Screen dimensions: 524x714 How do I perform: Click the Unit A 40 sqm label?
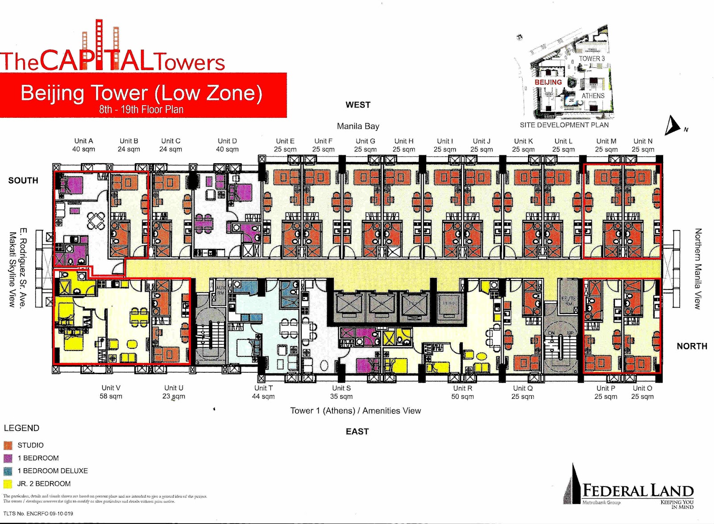pyautogui.click(x=83, y=145)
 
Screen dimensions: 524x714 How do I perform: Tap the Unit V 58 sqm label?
pyautogui.click(x=111, y=392)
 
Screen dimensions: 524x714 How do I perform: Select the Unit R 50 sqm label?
pyautogui.click(x=462, y=392)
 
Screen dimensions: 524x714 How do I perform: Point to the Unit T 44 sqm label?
pyautogui.click(x=263, y=392)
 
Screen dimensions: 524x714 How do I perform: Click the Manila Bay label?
pyautogui.click(x=358, y=126)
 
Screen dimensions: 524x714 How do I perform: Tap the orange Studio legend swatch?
pyautogui.click(x=8, y=445)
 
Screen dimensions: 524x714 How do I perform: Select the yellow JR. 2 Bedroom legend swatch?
pyautogui.click(x=8, y=484)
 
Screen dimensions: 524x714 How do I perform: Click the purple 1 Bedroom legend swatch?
pyautogui.click(x=8, y=458)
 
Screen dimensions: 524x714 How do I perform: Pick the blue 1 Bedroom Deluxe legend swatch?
pyautogui.click(x=8, y=471)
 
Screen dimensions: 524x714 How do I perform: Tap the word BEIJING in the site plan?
pyautogui.click(x=548, y=82)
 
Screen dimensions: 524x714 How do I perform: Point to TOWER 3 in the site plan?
pyautogui.click(x=592, y=58)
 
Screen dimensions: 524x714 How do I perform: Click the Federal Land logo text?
pyautogui.click(x=638, y=491)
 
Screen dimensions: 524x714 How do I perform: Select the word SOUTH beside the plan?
pyautogui.click(x=23, y=181)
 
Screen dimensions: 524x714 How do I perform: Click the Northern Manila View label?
pyautogui.click(x=697, y=268)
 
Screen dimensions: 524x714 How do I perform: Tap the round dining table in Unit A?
pyautogui.click(x=96, y=220)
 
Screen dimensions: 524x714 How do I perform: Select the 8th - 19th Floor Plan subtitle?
pyautogui.click(x=141, y=109)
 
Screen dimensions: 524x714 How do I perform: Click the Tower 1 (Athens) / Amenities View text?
pyautogui.click(x=355, y=411)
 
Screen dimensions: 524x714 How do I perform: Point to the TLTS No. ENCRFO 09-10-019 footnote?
pyautogui.click(x=38, y=514)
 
